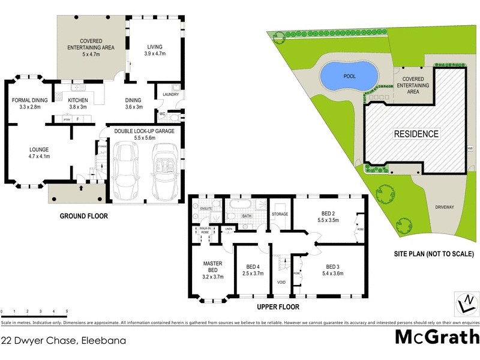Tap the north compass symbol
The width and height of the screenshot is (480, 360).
point(464,303)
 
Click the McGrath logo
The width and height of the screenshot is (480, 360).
point(437,337)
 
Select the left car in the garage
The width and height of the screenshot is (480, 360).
point(127,170)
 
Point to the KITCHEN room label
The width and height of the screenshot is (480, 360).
point(78,100)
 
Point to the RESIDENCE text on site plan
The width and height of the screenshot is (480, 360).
point(416,134)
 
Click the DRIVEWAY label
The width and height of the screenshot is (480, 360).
point(445,207)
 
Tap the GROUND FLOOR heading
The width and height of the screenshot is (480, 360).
point(83,216)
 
